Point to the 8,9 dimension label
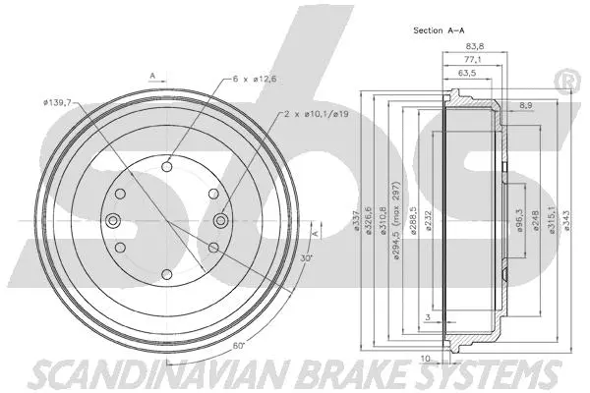(526, 104)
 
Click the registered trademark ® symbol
(566, 79)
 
